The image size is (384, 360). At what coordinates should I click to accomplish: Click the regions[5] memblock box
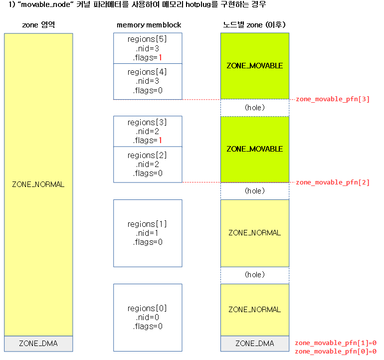pyautogui.click(x=148, y=48)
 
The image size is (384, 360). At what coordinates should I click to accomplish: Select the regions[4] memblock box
pyautogui.click(x=148, y=81)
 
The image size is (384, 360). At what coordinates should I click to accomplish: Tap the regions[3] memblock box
pyautogui.click(x=148, y=132)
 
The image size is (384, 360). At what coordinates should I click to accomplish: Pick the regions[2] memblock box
pyautogui.click(x=148, y=165)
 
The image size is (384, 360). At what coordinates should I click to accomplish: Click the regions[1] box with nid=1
pyautogui.click(x=148, y=233)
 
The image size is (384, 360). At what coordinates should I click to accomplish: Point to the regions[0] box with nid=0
pyautogui.click(x=148, y=317)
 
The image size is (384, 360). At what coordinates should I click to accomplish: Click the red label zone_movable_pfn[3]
pyautogui.click(x=333, y=99)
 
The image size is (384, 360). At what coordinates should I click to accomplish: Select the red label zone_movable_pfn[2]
pyautogui.click(x=333, y=182)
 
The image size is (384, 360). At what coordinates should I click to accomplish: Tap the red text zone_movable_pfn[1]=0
pyautogui.click(x=335, y=343)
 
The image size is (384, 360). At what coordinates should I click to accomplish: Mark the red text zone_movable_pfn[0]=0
pyautogui.click(x=335, y=352)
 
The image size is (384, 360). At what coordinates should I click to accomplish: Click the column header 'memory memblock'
pyautogui.click(x=149, y=25)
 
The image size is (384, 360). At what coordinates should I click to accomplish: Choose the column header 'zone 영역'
pyautogui.click(x=38, y=25)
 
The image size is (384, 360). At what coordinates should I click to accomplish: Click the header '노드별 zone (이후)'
pyautogui.click(x=254, y=25)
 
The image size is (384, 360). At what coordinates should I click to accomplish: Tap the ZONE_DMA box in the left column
pyautogui.click(x=38, y=344)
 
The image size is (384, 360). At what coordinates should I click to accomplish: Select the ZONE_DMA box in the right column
pyautogui.click(x=255, y=344)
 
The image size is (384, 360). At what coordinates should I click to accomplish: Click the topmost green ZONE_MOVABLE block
pyautogui.click(x=255, y=66)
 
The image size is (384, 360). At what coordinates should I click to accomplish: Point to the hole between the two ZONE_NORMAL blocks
pyautogui.click(x=255, y=275)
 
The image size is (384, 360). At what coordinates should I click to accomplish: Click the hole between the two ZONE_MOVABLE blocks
pyautogui.click(x=255, y=107)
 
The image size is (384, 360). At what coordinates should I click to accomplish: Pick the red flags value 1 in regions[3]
pyautogui.click(x=161, y=141)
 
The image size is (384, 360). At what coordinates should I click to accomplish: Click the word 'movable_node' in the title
pyautogui.click(x=49, y=5)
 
